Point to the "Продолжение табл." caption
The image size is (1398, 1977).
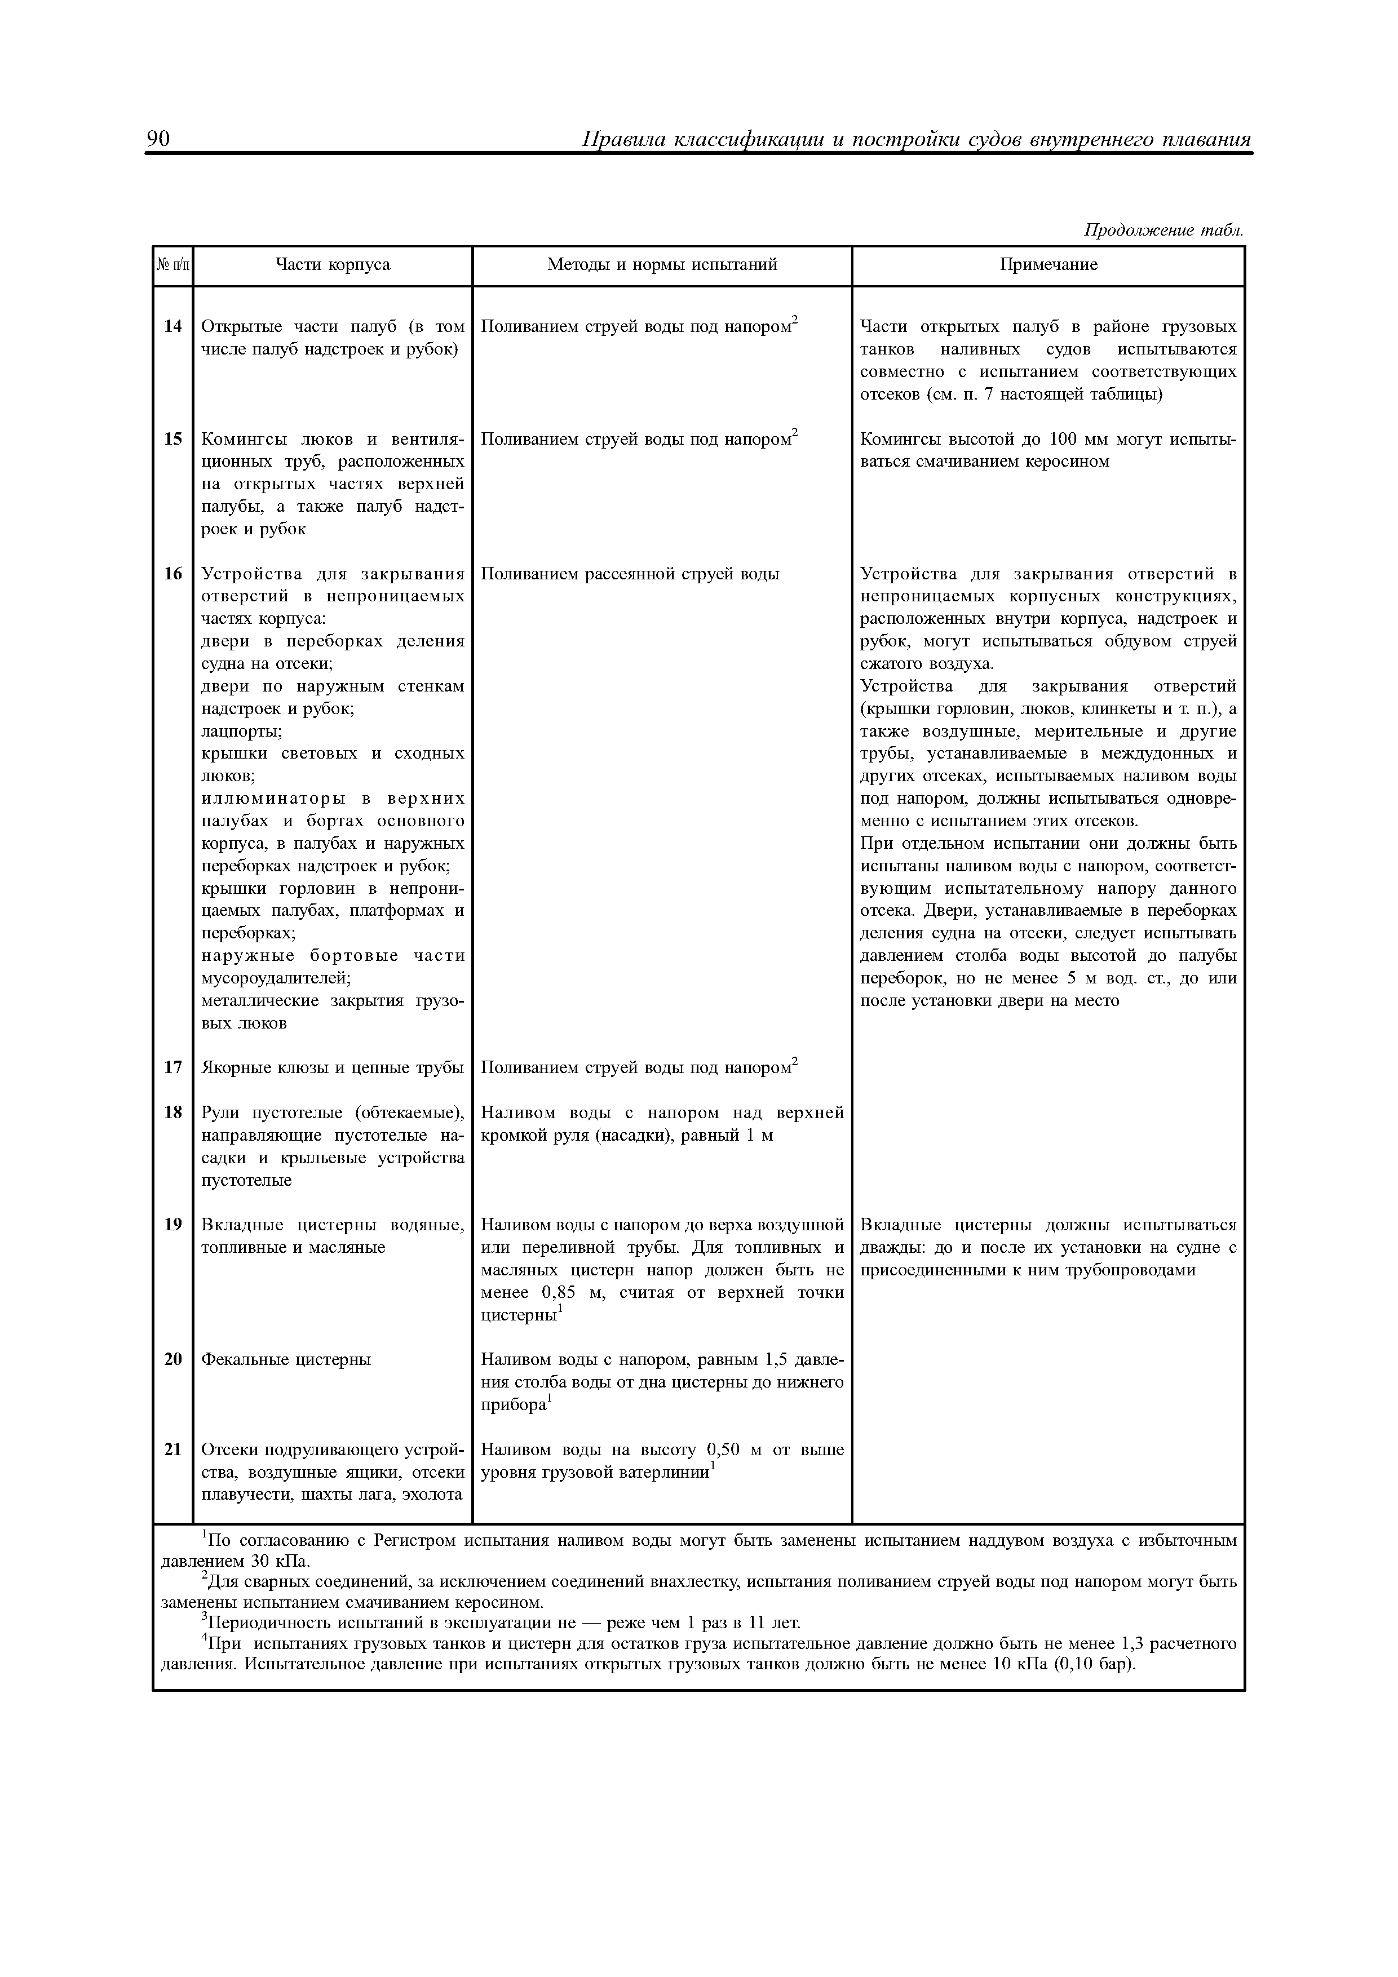(1163, 230)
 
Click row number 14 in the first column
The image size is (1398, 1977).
(173, 326)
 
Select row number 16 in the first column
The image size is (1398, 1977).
(173, 574)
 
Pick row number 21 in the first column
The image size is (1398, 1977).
(173, 1450)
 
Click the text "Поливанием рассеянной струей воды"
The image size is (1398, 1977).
(630, 574)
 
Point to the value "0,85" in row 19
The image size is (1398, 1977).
(558, 1293)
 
